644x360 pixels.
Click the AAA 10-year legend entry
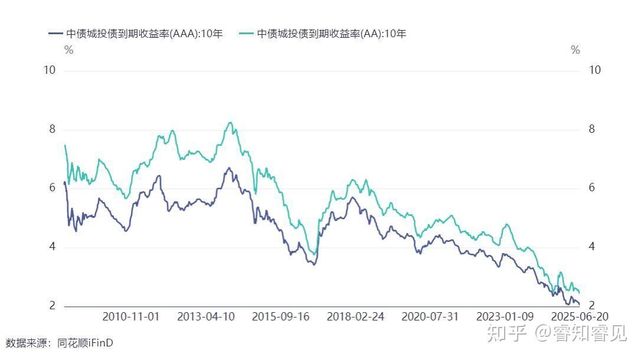[x=136, y=34]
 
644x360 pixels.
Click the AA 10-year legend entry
[x=323, y=34]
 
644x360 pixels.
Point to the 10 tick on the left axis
[x=50, y=70]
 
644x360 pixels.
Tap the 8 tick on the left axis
[x=52, y=129]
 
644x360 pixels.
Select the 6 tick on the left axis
[x=52, y=188]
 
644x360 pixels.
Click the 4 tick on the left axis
[x=52, y=247]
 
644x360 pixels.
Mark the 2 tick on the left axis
[x=52, y=306]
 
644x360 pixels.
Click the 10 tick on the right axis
[x=595, y=70]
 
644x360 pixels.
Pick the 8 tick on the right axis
[x=592, y=129]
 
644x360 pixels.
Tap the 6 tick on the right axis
[x=592, y=188]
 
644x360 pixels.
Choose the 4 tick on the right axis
[x=592, y=247]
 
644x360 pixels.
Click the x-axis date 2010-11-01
[x=131, y=317]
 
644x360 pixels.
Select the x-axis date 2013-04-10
[x=206, y=317]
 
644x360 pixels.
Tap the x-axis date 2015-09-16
[x=281, y=317]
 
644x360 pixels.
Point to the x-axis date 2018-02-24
[x=355, y=317]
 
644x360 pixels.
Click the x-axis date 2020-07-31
[x=430, y=317]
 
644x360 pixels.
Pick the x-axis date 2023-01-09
[x=505, y=317]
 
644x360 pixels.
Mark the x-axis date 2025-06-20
[x=580, y=317]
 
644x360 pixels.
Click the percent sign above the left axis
[x=69, y=50]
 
